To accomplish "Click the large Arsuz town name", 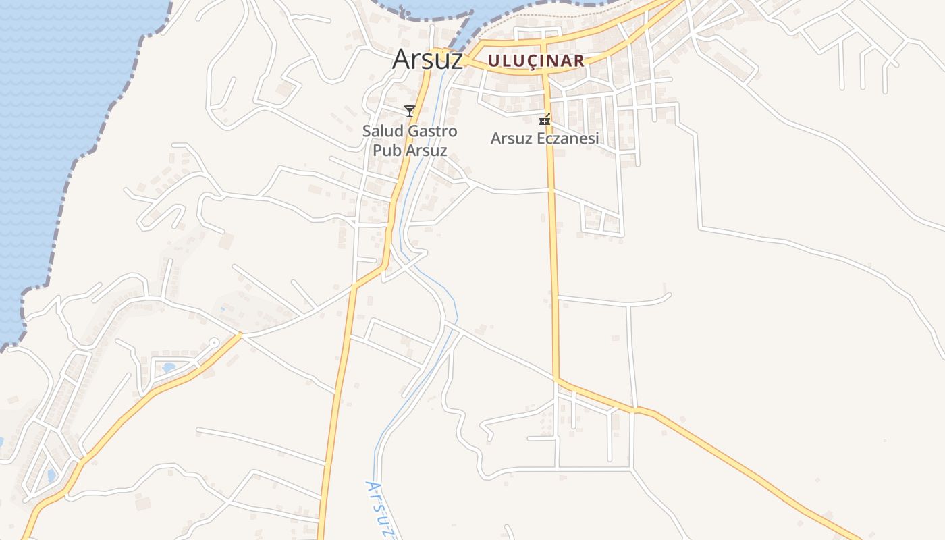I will (427, 59).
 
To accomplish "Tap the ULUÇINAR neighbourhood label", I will (535, 61).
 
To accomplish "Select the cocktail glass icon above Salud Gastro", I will (409, 111).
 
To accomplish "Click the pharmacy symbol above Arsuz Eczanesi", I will (545, 120).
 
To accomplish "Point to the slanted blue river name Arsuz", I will (379, 510).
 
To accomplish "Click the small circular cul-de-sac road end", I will (214, 343).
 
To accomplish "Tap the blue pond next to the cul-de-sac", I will (167, 368).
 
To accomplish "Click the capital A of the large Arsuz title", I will (401, 59).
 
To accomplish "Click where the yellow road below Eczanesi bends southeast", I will (557, 381).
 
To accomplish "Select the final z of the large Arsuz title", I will (456, 61).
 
